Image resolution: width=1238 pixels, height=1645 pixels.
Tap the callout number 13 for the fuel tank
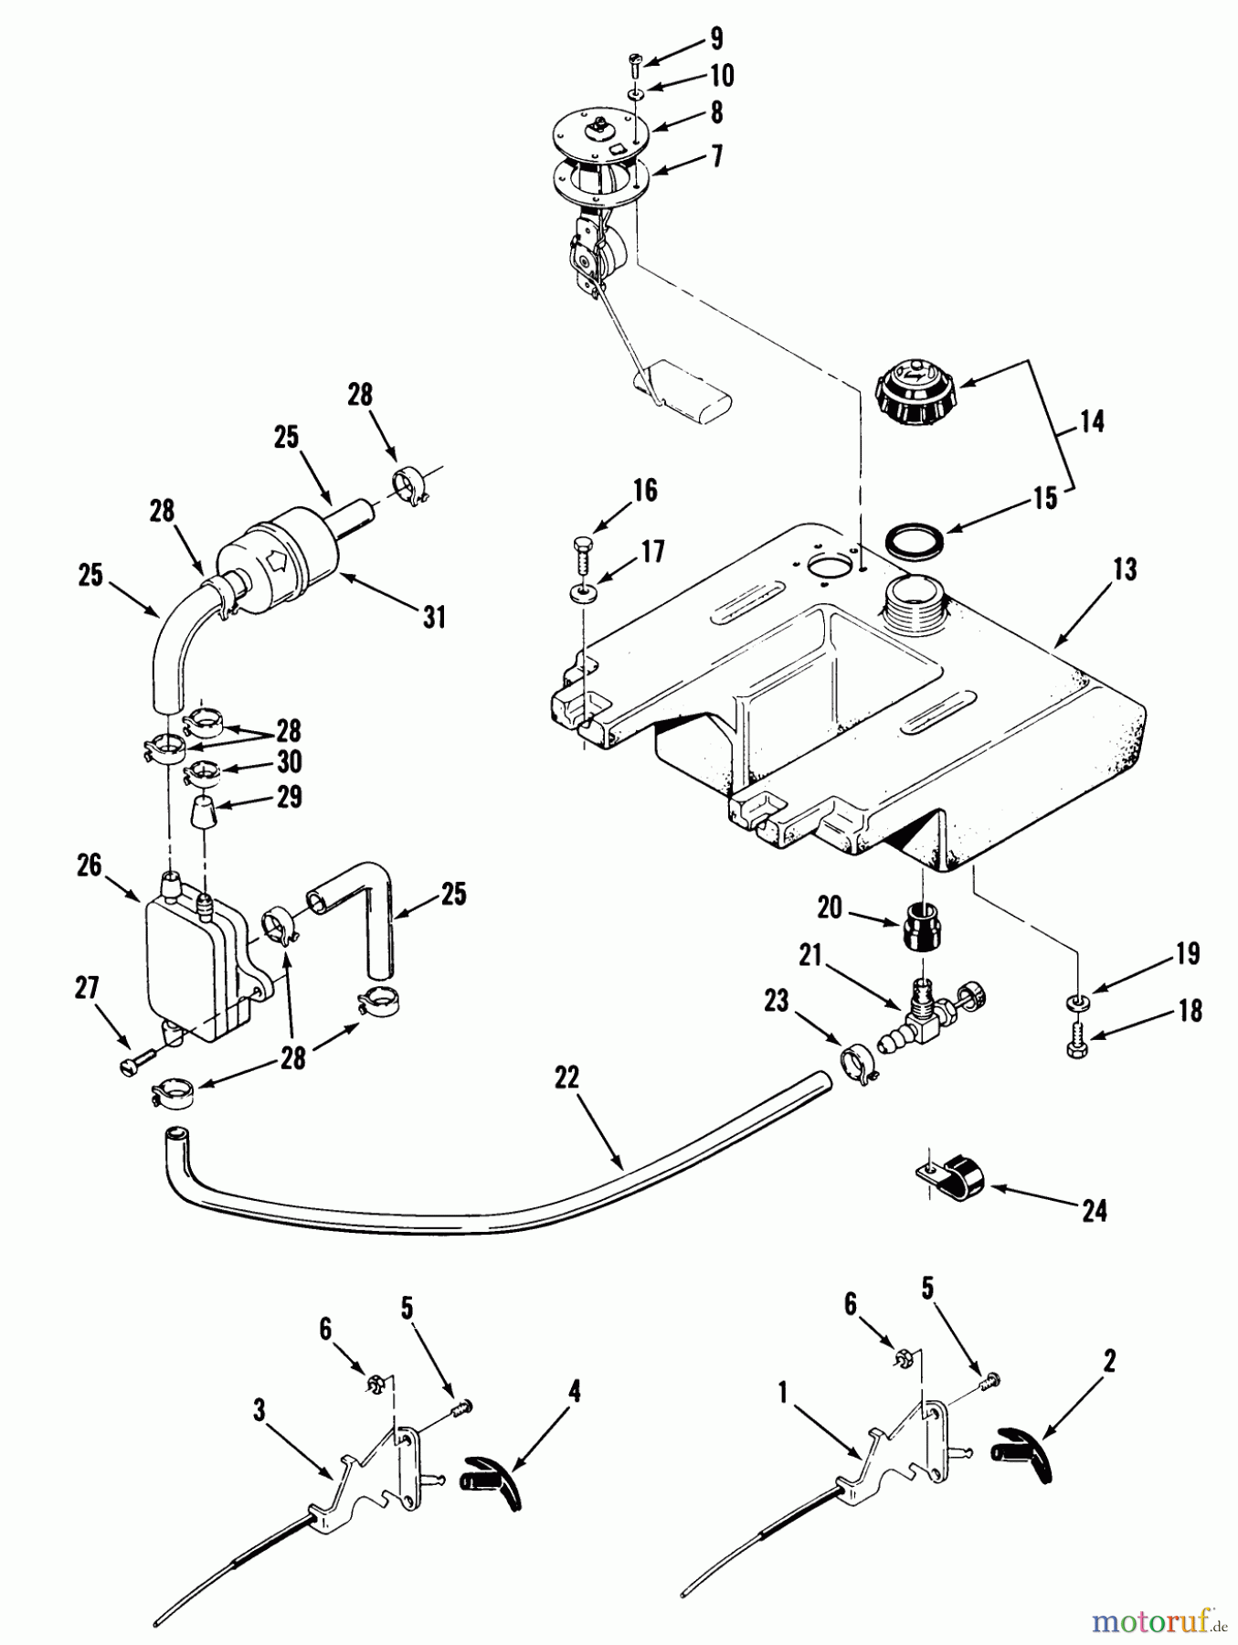[1125, 569]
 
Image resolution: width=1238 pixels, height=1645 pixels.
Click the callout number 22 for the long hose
[566, 1077]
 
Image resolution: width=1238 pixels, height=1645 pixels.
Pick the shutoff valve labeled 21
[930, 1012]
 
